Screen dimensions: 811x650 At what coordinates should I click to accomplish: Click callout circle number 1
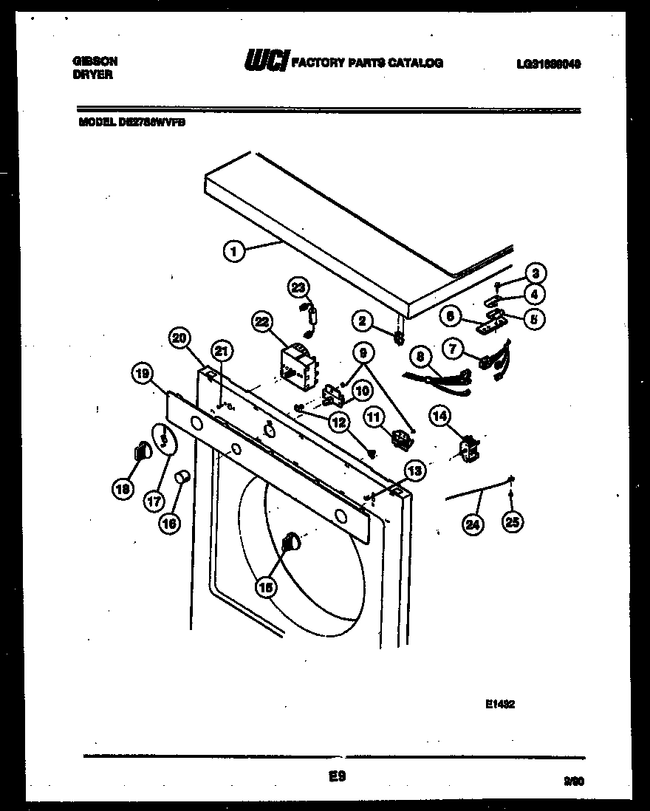(x=233, y=252)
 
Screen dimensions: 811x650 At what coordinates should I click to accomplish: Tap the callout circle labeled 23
(x=298, y=287)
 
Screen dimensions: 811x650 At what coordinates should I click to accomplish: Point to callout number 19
(x=143, y=374)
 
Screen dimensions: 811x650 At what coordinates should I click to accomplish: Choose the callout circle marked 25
(x=511, y=522)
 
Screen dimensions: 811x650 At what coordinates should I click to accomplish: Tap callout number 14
(x=439, y=417)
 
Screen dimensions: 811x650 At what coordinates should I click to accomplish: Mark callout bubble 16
(x=169, y=523)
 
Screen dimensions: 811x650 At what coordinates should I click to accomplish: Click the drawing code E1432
(x=499, y=705)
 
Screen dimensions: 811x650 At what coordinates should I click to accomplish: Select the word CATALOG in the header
(x=417, y=63)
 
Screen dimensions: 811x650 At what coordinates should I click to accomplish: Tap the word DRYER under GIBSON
(x=93, y=75)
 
